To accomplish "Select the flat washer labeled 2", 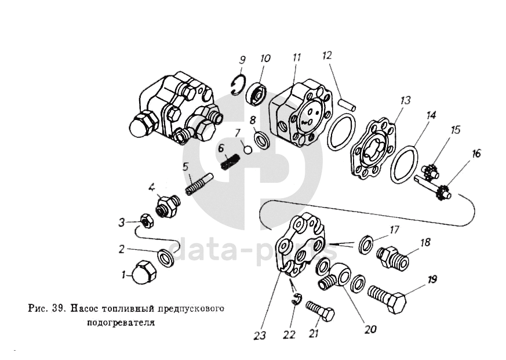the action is (166, 256).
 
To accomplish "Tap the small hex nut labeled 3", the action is (147, 220).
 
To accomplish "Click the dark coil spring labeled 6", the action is (231, 160).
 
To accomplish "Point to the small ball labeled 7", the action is (247, 150).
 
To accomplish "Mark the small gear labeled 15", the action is (429, 172).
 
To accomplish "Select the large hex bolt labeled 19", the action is (386, 299).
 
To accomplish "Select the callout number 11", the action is (297, 58).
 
